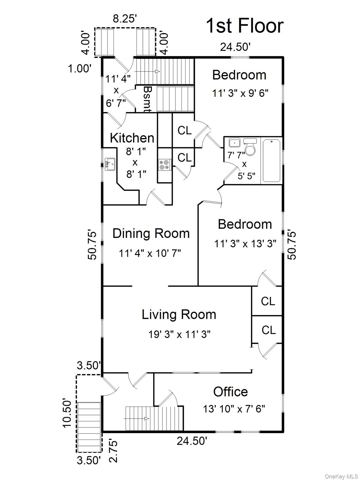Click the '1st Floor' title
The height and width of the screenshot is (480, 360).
(244, 26)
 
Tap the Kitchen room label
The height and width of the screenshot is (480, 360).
(132, 138)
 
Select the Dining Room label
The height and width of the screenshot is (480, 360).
(151, 233)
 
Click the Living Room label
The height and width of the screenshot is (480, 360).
(179, 314)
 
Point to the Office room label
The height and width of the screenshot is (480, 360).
(230, 392)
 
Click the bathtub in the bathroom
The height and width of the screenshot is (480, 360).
(272, 161)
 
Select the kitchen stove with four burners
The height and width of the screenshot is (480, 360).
(164, 164)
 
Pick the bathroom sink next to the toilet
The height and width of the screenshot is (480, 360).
(234, 143)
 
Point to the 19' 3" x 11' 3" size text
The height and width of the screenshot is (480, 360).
(179, 334)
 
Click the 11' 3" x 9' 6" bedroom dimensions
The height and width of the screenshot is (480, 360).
(240, 93)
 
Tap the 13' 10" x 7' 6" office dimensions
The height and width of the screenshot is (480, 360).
(234, 408)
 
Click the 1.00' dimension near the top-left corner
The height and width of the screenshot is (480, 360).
(80, 68)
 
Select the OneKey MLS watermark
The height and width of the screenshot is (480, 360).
(341, 476)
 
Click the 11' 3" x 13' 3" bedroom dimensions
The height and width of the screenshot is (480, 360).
(245, 243)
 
